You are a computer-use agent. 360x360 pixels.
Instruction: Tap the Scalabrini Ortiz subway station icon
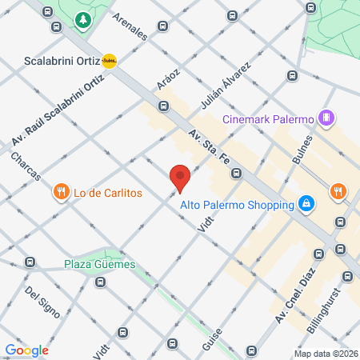(110, 60)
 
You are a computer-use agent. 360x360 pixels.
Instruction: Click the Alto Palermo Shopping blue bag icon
(306, 205)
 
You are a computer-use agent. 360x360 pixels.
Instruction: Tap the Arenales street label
(130, 26)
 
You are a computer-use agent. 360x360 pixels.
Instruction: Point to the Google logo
(26, 350)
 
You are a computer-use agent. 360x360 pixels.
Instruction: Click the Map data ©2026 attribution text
(326, 354)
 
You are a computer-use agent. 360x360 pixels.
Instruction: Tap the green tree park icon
(82, 19)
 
